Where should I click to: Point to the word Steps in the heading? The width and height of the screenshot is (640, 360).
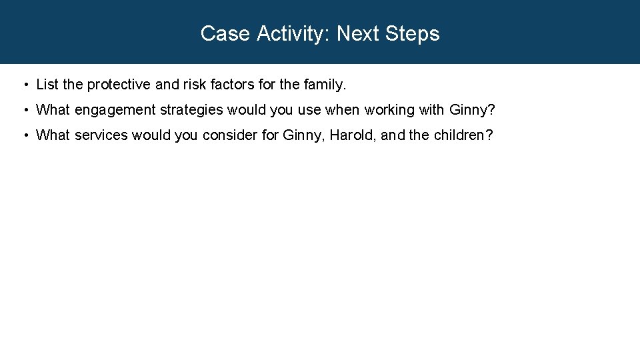(x=414, y=33)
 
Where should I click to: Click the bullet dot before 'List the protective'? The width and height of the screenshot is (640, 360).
(x=24, y=85)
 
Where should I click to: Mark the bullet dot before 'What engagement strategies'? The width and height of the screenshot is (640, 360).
(x=24, y=110)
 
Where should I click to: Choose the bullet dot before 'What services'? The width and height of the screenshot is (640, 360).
(x=24, y=135)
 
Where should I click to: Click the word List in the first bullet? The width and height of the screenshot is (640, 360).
(x=47, y=85)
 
